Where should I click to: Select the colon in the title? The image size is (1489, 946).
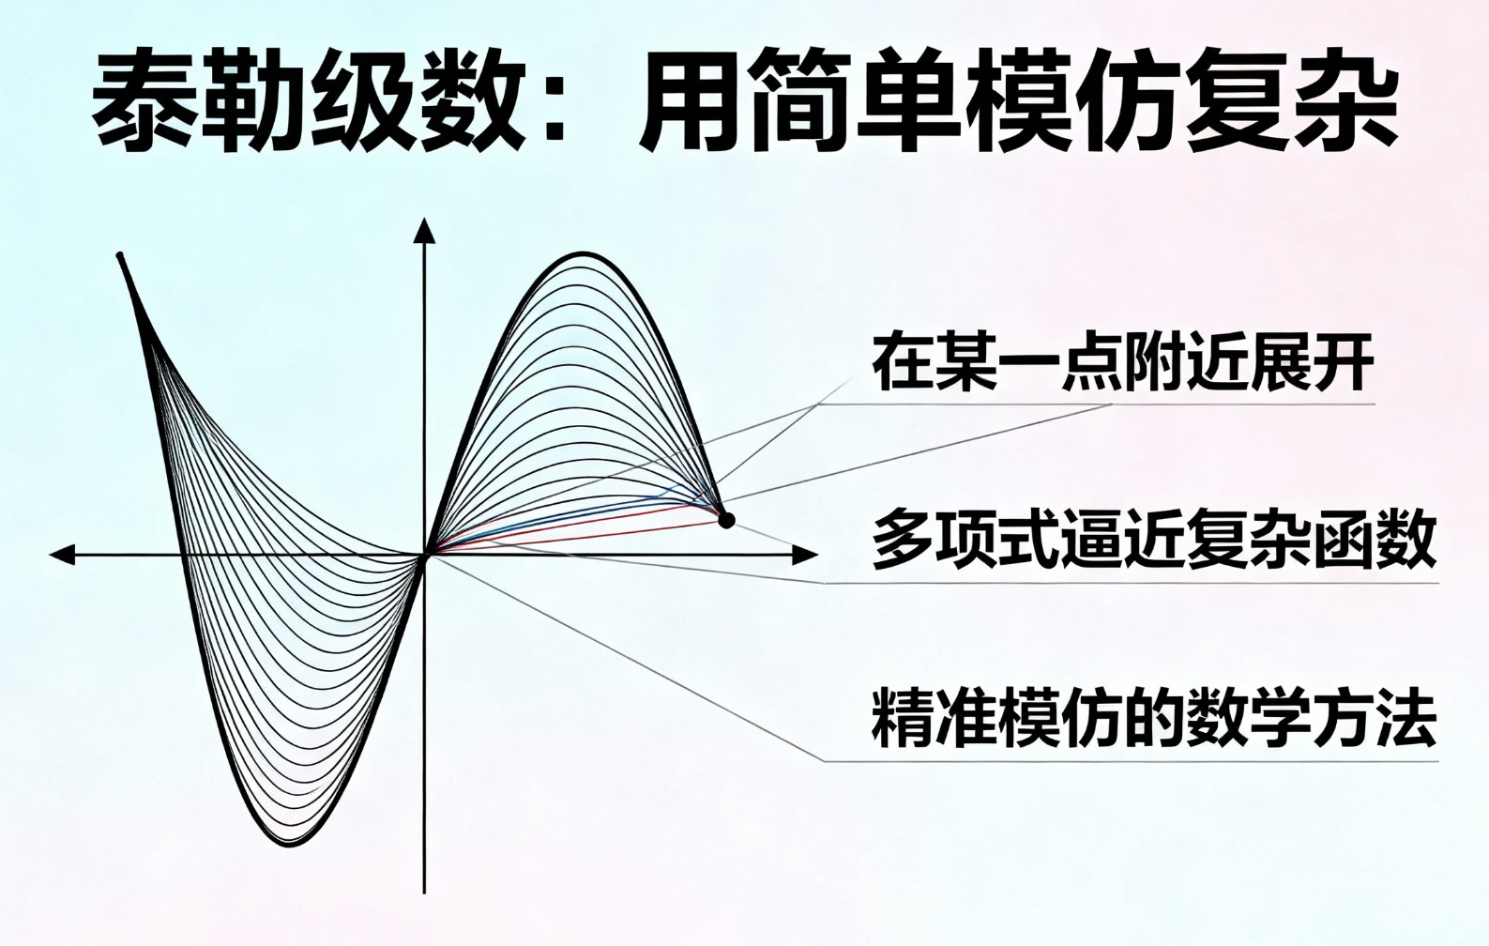554,101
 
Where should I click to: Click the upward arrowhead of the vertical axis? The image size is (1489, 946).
425,230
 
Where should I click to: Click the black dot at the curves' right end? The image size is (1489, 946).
725,519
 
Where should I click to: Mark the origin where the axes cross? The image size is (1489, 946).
425,555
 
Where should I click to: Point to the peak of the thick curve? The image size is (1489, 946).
584,253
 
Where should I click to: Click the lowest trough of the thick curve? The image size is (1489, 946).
291,844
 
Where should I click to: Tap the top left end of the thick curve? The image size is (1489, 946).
120,255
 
